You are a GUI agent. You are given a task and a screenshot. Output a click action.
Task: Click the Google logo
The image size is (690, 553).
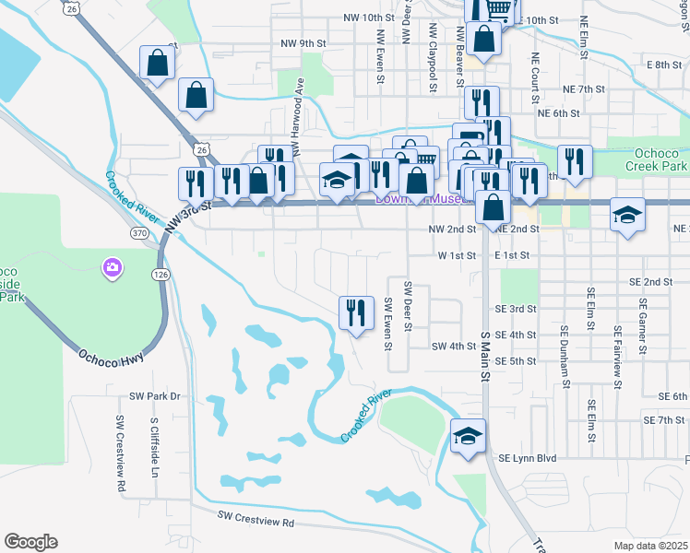[30, 542]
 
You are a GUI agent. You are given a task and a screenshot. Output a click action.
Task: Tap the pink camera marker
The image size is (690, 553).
[112, 268]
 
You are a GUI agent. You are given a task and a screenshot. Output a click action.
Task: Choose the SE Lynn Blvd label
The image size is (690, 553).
[528, 457]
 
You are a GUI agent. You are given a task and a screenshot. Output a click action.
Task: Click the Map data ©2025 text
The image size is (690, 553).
[650, 546]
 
